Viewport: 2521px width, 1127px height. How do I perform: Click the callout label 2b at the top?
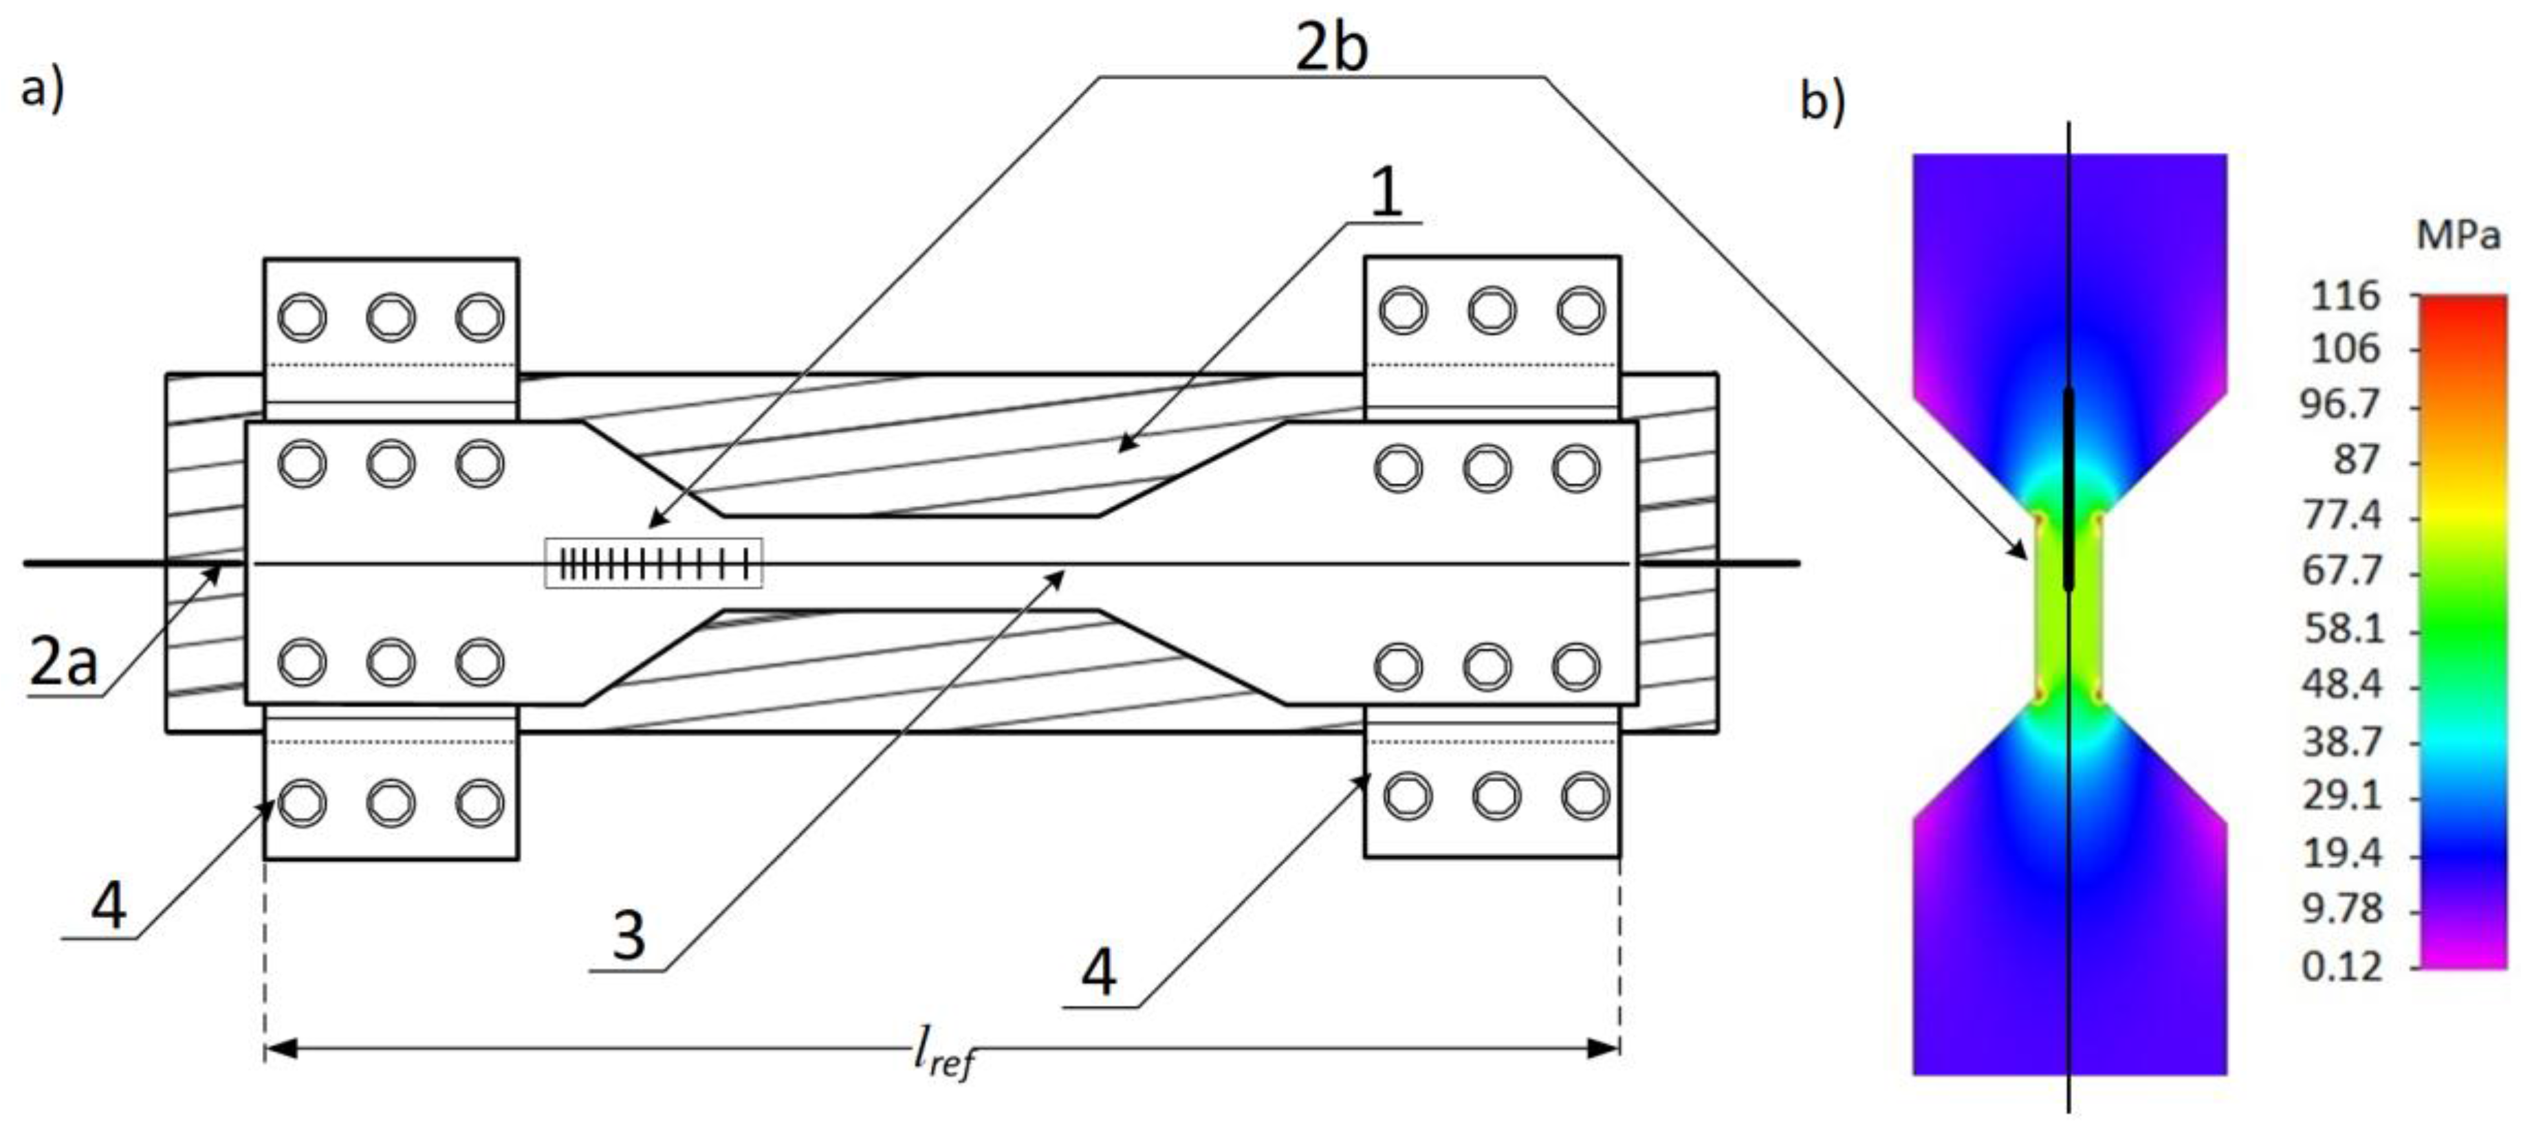point(1330,47)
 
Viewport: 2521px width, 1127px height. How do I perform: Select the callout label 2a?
point(65,662)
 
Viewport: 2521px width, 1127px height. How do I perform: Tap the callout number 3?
point(629,935)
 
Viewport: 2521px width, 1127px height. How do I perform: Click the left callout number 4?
point(109,905)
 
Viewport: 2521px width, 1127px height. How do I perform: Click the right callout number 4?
point(1098,973)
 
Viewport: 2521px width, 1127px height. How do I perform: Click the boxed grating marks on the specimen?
point(653,563)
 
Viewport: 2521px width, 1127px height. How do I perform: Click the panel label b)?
point(1822,101)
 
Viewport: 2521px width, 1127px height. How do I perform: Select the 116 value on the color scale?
point(2345,295)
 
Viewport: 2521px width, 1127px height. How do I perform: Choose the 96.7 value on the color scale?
point(2339,404)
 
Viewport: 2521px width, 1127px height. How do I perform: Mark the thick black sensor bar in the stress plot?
point(2068,489)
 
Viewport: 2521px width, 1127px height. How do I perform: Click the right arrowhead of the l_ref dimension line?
point(1605,1049)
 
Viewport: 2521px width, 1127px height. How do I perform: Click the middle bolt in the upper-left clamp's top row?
point(391,317)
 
